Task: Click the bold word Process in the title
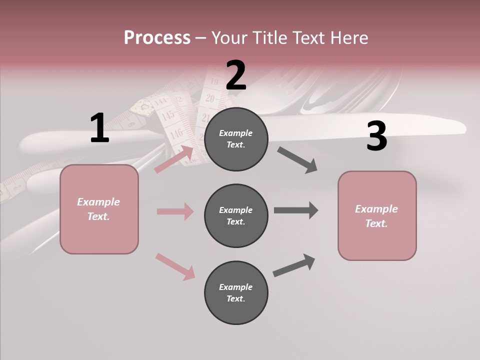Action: click(157, 38)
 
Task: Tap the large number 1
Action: click(99, 128)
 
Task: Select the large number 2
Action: click(236, 76)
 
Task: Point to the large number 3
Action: click(376, 136)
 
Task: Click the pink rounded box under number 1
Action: click(99, 209)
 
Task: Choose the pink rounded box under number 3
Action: click(377, 215)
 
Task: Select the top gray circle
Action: click(236, 139)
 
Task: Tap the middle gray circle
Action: click(236, 215)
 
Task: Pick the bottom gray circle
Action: click(236, 292)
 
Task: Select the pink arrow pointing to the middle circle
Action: click(175, 211)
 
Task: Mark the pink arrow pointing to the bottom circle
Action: click(175, 266)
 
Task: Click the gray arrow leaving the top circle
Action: click(297, 160)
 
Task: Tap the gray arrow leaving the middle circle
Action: click(295, 210)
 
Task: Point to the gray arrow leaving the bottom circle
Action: click(294, 265)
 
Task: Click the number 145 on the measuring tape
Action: click(168, 115)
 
